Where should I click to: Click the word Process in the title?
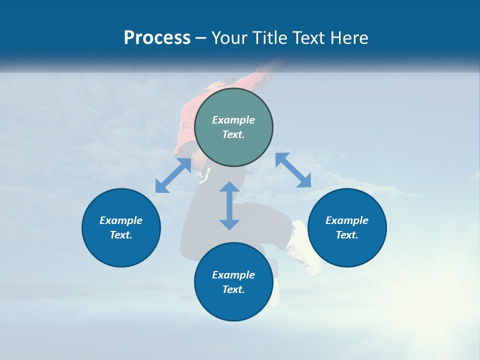pos(157,38)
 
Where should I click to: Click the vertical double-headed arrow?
pos(229,206)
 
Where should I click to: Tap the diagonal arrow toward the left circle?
pos(173,175)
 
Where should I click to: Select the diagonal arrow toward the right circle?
pos(293,170)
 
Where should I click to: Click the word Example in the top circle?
pos(233,120)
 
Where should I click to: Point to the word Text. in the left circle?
pos(121,235)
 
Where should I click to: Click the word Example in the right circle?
pos(347,220)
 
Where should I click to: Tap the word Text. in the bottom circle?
pos(233,289)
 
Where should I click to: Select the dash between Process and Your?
pos(200,38)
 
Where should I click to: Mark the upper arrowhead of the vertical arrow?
pos(229,187)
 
